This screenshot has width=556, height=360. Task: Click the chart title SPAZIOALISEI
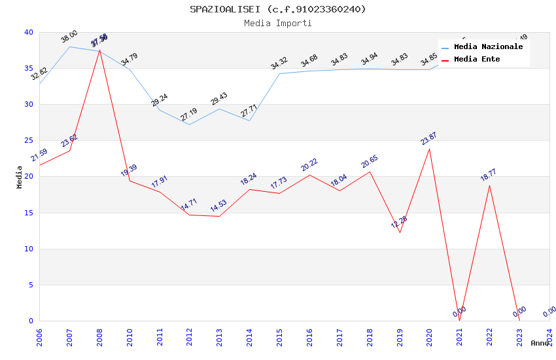pyautogui.click(x=278, y=9)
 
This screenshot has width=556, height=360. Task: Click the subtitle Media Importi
pyautogui.click(x=278, y=23)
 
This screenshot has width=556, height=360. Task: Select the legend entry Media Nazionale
pyautogui.click(x=488, y=47)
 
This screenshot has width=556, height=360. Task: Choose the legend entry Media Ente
pyautogui.click(x=477, y=60)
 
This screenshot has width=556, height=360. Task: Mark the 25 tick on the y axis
pyautogui.click(x=29, y=141)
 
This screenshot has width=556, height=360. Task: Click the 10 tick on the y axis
pyautogui.click(x=29, y=249)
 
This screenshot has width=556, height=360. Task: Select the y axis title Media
pyautogui.click(x=20, y=177)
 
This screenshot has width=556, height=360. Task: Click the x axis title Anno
pyautogui.click(x=540, y=343)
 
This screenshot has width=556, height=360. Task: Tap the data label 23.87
pyautogui.click(x=428, y=138)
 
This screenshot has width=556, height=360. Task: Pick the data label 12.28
pyautogui.click(x=399, y=223)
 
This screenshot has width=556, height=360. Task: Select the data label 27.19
pyautogui.click(x=189, y=115)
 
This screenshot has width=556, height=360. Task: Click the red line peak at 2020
pyautogui.click(x=429, y=149)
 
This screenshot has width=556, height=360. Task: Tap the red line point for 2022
pyautogui.click(x=489, y=185)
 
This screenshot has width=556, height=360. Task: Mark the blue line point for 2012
pyautogui.click(x=190, y=124)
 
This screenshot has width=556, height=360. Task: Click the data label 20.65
pyautogui.click(x=370, y=162)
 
